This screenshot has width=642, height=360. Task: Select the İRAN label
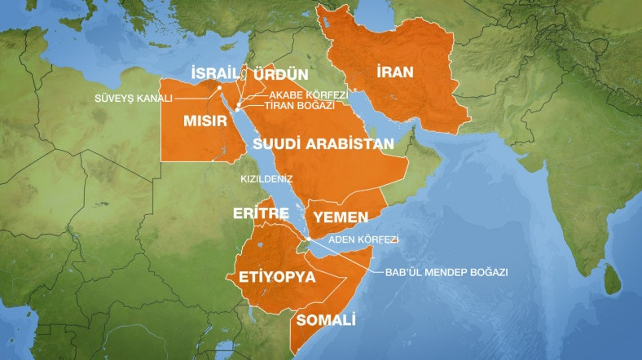pos(395,72)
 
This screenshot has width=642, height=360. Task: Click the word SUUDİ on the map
pos(279,144)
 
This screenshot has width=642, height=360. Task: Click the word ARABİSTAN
pos(351,144)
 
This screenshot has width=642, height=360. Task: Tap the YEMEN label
pos(340,217)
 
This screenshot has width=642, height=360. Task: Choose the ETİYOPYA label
pos(277,277)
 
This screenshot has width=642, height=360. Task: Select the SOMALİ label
pos(327,319)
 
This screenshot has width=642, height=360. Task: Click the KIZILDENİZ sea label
pos(266,177)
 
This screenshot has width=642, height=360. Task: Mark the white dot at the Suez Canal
pos(220,87)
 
